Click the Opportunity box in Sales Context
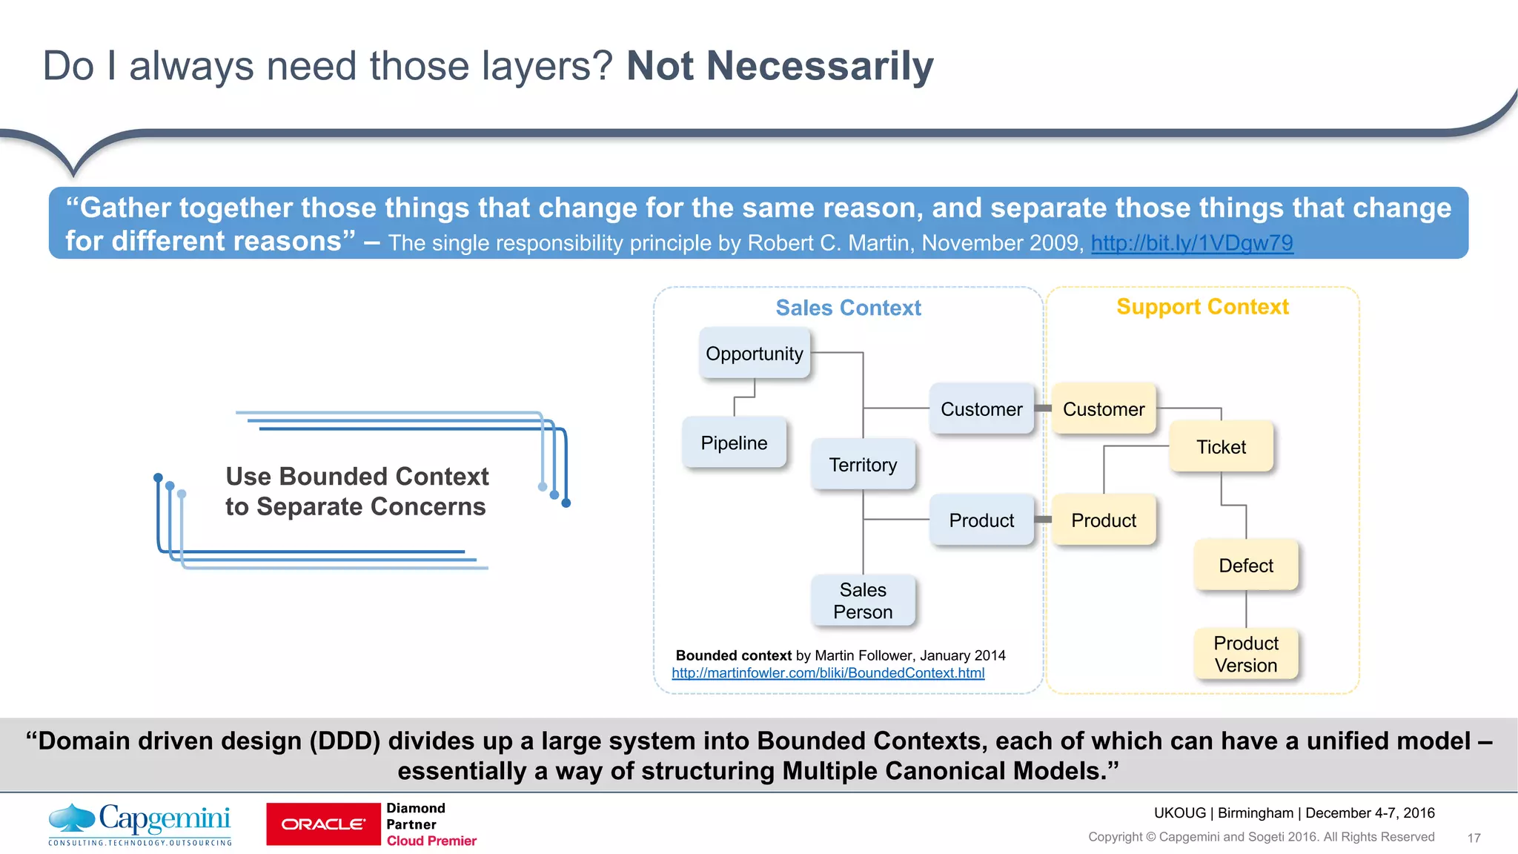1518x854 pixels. click(755, 354)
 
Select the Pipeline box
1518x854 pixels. click(734, 443)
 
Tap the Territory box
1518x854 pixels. click(863, 465)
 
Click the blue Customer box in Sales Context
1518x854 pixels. click(981, 409)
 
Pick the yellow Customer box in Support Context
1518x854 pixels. click(1104, 409)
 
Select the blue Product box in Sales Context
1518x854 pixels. click(981, 520)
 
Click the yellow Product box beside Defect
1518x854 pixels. click(1104, 520)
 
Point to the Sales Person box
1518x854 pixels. click(863, 600)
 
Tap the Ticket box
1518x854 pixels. click(1221, 447)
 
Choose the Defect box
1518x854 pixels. click(1246, 566)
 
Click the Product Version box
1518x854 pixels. click(1246, 654)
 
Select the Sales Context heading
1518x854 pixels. click(848, 308)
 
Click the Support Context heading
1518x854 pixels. click(1202, 307)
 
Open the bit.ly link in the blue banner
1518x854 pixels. click(1192, 243)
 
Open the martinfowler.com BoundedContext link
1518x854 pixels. click(828, 673)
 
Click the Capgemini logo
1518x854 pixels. click(140, 823)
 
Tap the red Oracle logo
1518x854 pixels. click(323, 824)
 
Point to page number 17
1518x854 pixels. click(1474, 838)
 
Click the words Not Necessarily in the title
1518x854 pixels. click(780, 66)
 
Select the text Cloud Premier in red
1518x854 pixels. click(431, 841)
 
